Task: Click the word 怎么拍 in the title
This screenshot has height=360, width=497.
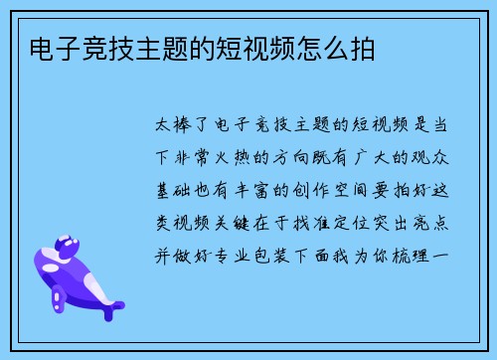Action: pos(342,48)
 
